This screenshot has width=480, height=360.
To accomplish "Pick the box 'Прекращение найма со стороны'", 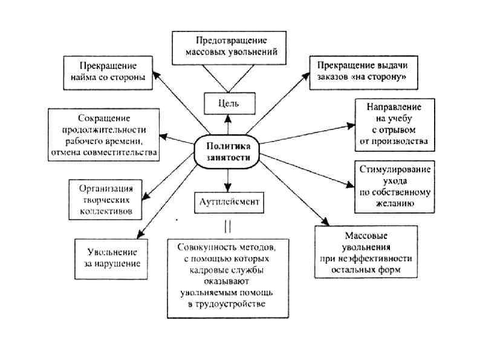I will point(107,72).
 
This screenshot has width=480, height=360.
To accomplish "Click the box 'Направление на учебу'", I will point(394,124).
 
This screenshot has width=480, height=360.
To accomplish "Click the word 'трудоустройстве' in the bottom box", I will point(227,303).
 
